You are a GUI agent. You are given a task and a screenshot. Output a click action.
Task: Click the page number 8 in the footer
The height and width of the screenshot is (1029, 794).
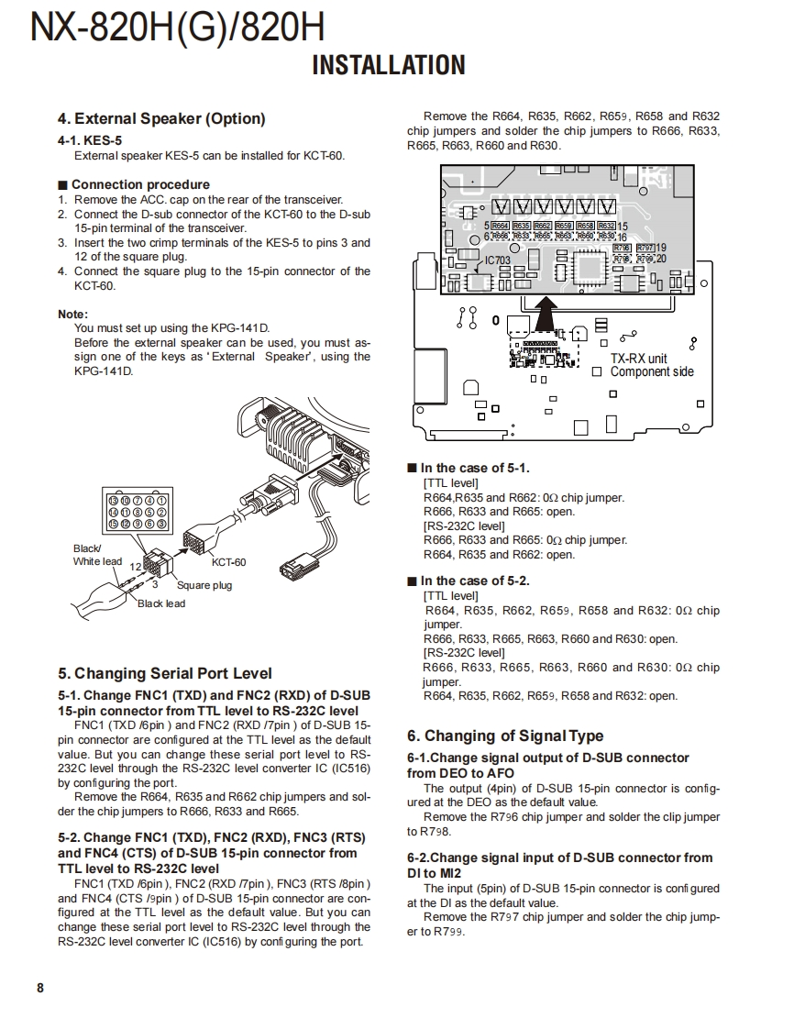tap(39, 988)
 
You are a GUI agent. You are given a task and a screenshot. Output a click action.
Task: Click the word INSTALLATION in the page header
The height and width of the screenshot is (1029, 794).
tap(389, 65)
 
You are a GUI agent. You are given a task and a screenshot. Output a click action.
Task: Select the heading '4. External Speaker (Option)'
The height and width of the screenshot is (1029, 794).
tap(161, 118)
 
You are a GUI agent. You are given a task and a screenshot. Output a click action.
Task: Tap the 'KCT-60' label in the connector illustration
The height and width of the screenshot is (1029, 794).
tap(228, 562)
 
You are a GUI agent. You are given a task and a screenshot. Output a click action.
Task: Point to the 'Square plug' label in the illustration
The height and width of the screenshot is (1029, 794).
tap(204, 585)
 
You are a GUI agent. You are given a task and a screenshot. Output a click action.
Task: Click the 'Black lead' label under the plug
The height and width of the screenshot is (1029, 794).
tap(161, 603)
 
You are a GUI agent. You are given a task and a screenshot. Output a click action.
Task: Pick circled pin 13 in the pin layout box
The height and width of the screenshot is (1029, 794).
tap(114, 500)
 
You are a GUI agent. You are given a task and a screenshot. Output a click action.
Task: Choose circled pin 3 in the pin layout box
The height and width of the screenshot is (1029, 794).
tap(160, 524)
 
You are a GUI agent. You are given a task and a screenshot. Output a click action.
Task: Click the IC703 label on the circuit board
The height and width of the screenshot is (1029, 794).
tap(498, 260)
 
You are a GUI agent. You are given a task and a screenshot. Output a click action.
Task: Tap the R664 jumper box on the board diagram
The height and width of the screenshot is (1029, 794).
tap(500, 225)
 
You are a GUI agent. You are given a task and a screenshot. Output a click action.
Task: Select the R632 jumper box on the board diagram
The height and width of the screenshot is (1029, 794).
tap(606, 225)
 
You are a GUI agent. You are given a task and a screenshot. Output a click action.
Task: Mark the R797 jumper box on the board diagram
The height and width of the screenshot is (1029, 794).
tap(645, 248)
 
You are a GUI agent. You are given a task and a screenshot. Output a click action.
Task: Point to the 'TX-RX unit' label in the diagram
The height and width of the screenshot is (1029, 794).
tap(639, 359)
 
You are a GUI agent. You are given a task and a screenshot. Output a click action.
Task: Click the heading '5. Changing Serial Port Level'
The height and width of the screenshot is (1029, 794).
tap(165, 674)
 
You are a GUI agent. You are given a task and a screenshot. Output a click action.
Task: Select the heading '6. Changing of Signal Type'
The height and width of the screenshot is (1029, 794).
tap(505, 736)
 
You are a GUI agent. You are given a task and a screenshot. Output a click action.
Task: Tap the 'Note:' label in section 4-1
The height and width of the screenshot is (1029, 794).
tap(72, 314)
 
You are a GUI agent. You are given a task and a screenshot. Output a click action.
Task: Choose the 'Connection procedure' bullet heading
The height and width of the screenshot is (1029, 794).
tap(139, 184)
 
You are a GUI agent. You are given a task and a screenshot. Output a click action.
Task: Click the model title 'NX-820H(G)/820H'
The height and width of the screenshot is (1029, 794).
tap(177, 28)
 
